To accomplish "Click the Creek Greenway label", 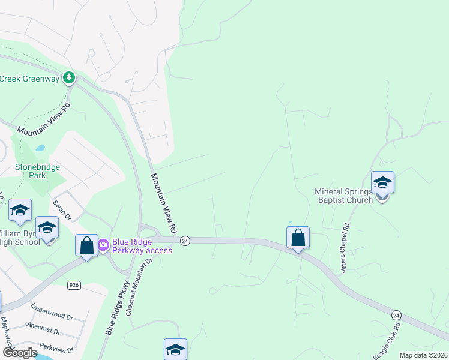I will pyautogui.click(x=30, y=79).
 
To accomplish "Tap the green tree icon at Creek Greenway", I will pyautogui.click(x=69, y=78).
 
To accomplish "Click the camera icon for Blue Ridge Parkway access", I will pyautogui.click(x=103, y=244).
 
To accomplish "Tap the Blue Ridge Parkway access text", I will pyautogui.click(x=142, y=246).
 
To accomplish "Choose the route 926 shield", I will pyautogui.click(x=74, y=284).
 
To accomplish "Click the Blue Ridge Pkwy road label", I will pyautogui.click(x=117, y=308).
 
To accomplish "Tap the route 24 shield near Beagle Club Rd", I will pyautogui.click(x=396, y=314).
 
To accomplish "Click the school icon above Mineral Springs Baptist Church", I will pyautogui.click(x=382, y=182).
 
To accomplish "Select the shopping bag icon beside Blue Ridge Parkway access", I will pyautogui.click(x=86, y=245).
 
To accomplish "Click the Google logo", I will pyautogui.click(x=20, y=353).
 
